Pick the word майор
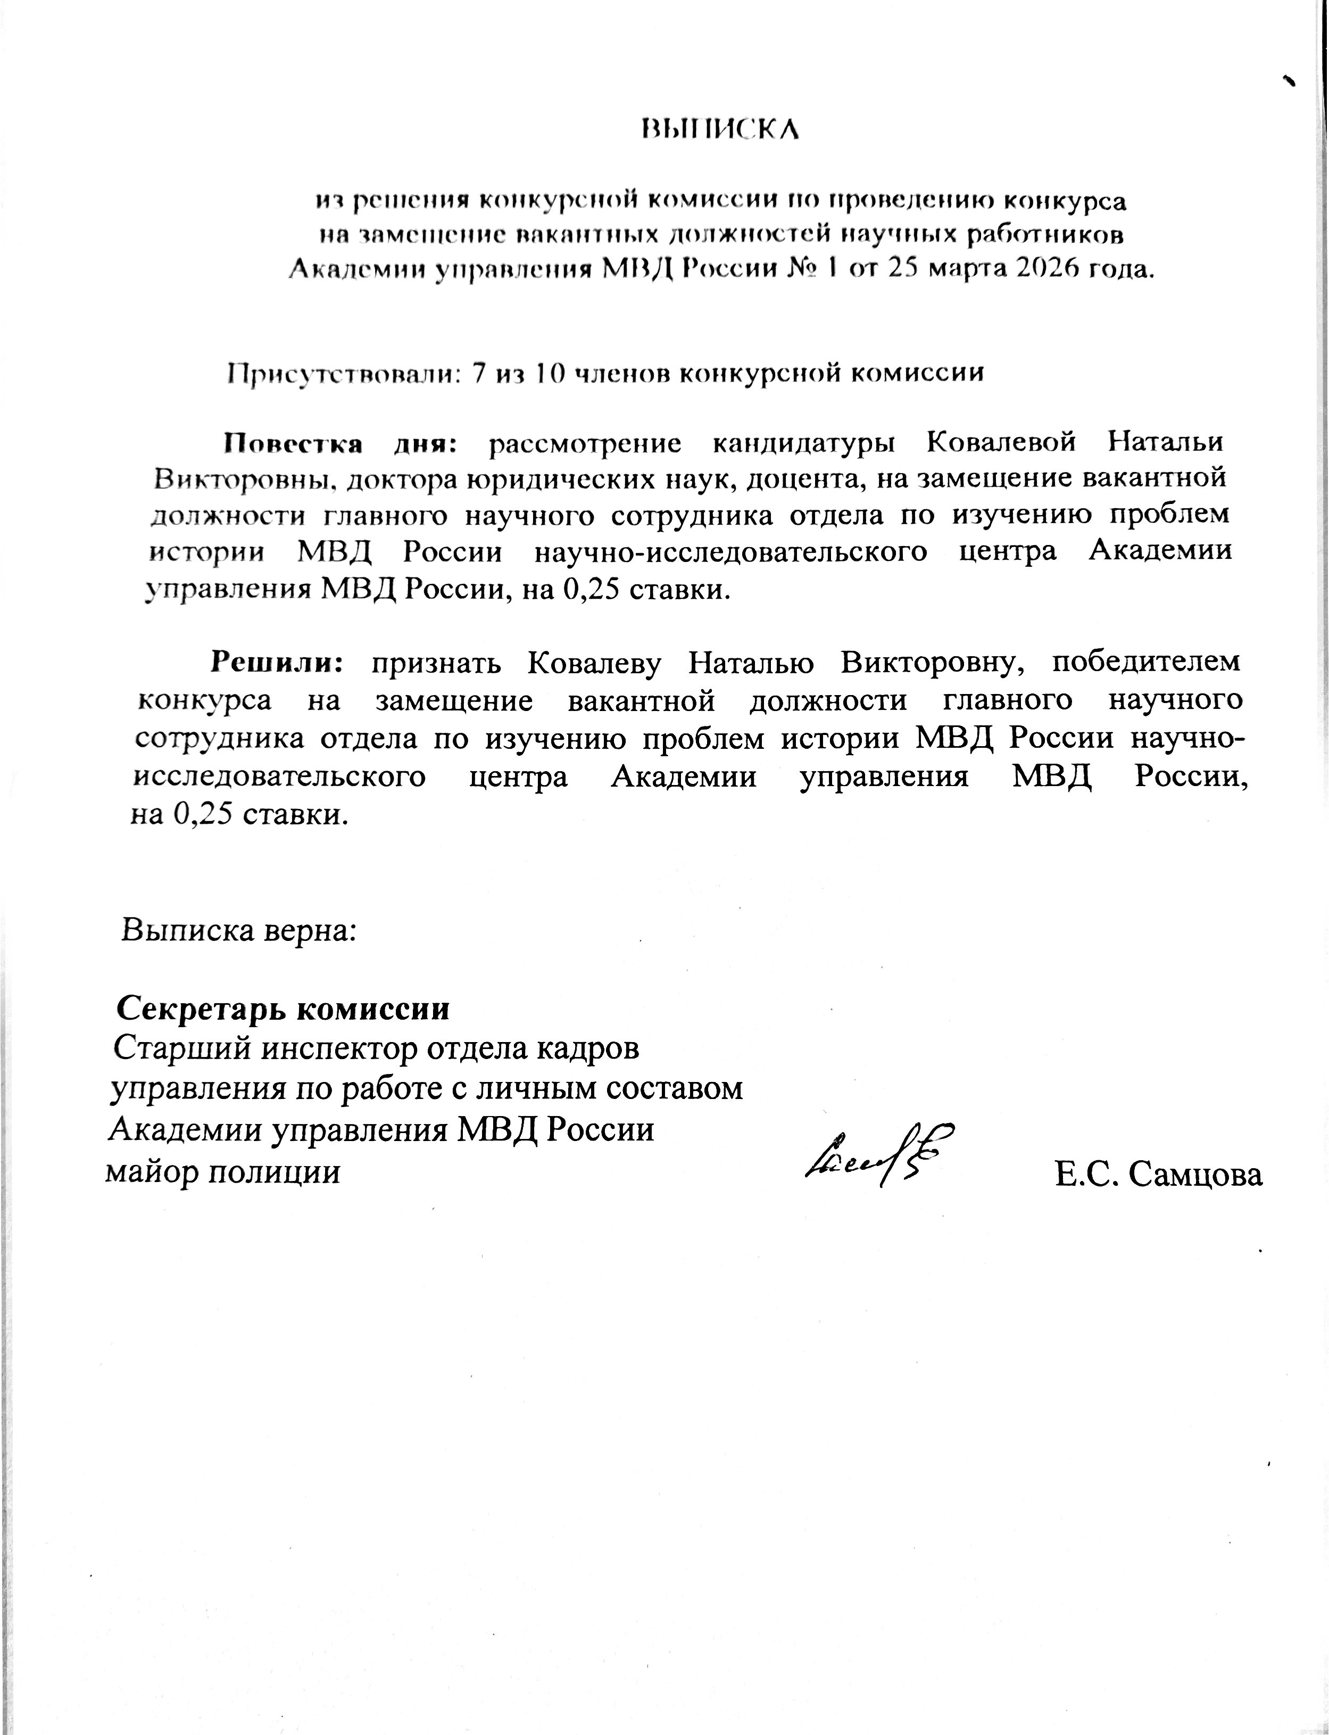coord(151,1171)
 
